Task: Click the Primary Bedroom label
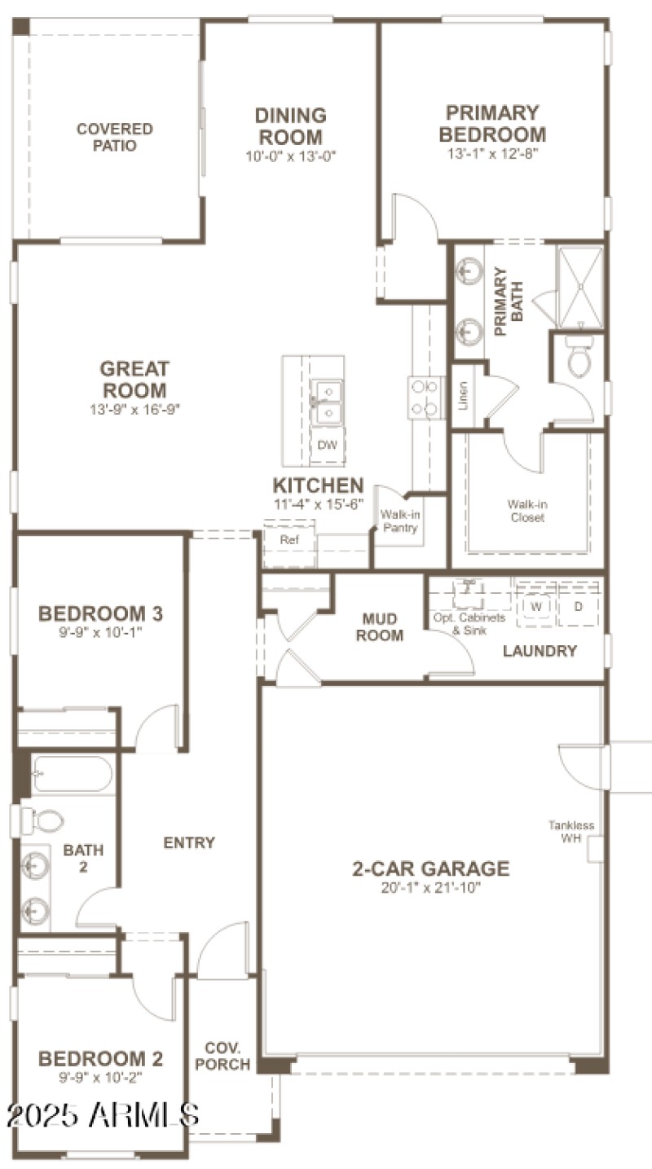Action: (492, 123)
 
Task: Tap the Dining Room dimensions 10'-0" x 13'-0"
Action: (291, 156)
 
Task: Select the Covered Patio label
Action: (114, 137)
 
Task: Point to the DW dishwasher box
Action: (327, 445)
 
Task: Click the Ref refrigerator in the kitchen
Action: (289, 540)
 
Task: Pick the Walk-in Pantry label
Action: (399, 521)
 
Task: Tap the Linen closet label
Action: (463, 396)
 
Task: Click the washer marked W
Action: (536, 607)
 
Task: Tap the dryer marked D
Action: (579, 607)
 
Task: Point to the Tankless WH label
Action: (570, 832)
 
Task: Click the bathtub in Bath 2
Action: (72, 774)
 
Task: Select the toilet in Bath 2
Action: (39, 820)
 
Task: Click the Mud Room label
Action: (380, 627)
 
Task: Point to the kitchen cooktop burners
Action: (426, 398)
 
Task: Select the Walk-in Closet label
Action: (527, 510)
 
